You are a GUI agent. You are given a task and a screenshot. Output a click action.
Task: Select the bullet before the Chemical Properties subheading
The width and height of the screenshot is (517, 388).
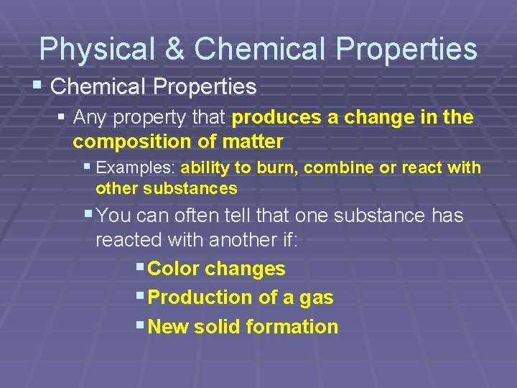pyautogui.click(x=37, y=86)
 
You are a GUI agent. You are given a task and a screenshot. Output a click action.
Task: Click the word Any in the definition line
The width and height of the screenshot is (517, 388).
pyautogui.click(x=88, y=117)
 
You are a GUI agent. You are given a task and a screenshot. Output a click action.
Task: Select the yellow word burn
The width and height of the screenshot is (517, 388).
pyautogui.click(x=282, y=168)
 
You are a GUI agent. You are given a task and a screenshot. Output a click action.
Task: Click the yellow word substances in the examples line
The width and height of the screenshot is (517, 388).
pyautogui.click(x=190, y=189)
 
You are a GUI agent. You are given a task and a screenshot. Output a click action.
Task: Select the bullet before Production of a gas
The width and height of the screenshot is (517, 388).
pyautogui.click(x=139, y=295)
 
